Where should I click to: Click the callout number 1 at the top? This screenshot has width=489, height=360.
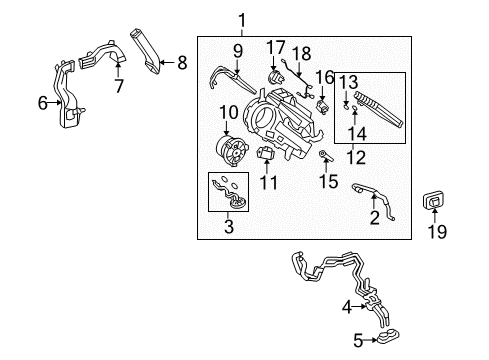pos(241,19)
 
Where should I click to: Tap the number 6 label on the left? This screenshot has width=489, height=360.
pos(42,101)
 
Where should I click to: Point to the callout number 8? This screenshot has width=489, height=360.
pos(181,62)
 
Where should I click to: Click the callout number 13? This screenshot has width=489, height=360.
pos(347,81)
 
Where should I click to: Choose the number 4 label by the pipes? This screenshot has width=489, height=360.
pos(347,307)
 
